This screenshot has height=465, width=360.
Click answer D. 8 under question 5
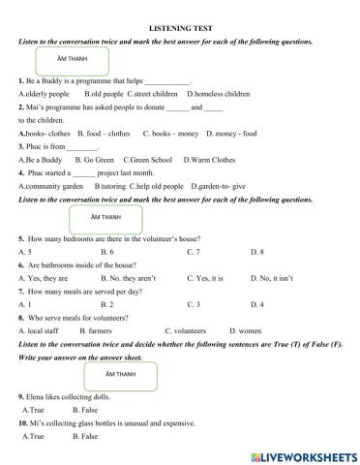tap(256, 251)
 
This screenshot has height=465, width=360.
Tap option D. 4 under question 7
tap(255, 304)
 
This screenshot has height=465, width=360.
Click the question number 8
tap(20, 318)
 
